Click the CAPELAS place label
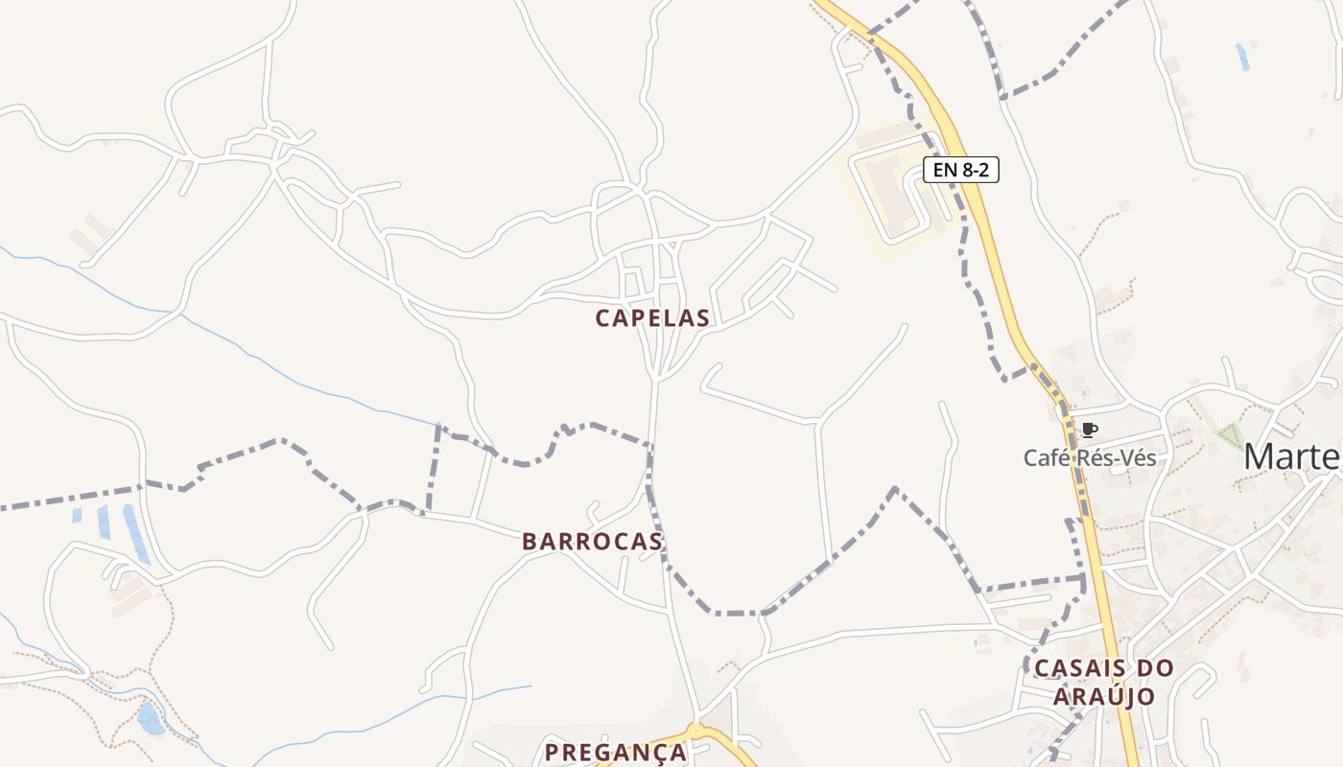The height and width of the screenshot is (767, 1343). click(652, 317)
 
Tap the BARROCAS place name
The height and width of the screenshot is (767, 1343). click(592, 542)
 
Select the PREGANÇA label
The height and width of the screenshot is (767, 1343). click(616, 752)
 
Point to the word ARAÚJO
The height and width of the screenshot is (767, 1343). click(1104, 696)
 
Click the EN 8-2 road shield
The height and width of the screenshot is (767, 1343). click(960, 171)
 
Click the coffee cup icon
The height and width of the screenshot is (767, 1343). click(1089, 430)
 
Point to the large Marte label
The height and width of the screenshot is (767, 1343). click(1292, 457)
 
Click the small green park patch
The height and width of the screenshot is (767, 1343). click(1229, 434)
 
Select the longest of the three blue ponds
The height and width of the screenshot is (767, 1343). click(135, 533)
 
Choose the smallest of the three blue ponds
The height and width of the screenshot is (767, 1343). click(77, 515)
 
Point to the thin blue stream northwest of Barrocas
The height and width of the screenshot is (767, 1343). click(288, 376)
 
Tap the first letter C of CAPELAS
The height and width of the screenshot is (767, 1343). click(603, 317)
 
